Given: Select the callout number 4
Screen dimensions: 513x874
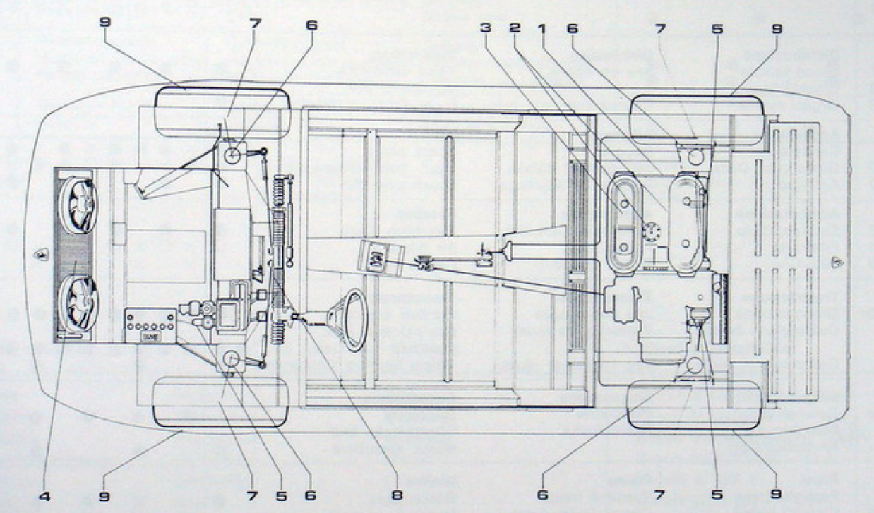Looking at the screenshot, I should tap(44, 496).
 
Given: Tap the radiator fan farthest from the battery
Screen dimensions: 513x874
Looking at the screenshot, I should tap(78, 205).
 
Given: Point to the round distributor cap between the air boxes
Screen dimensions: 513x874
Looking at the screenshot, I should tap(651, 231).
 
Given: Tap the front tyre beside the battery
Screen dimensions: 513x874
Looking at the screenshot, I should tap(220, 402).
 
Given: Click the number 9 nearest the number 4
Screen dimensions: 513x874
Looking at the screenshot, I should tap(105, 496).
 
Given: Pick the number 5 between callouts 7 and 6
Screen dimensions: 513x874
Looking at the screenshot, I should tap(281, 496).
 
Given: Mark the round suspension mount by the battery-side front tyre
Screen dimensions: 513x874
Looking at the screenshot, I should tap(232, 361).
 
